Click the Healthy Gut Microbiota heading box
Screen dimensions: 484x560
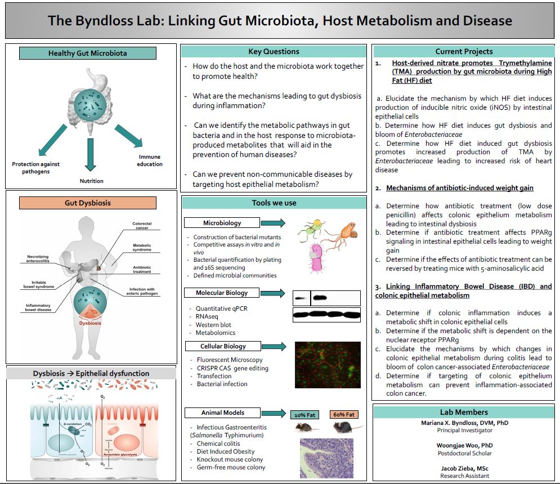(x=87, y=53)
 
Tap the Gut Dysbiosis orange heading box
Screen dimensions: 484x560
(x=87, y=202)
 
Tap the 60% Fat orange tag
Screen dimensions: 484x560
(x=344, y=415)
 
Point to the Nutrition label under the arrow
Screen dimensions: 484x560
(x=91, y=181)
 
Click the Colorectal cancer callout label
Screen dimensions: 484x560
(x=142, y=226)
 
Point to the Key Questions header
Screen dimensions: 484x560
(x=274, y=52)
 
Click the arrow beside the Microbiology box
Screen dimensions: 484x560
(x=274, y=223)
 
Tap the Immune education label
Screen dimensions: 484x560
(x=150, y=160)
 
